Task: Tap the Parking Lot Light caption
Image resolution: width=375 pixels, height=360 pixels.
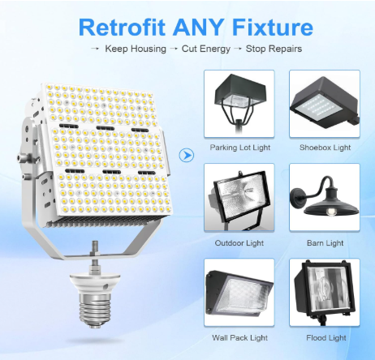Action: pos(239,148)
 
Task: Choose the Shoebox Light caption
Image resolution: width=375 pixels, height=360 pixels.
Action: pos(324,148)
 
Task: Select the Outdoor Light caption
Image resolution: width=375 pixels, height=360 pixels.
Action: pos(239,242)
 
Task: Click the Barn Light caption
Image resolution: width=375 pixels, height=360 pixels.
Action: pos(324,242)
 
